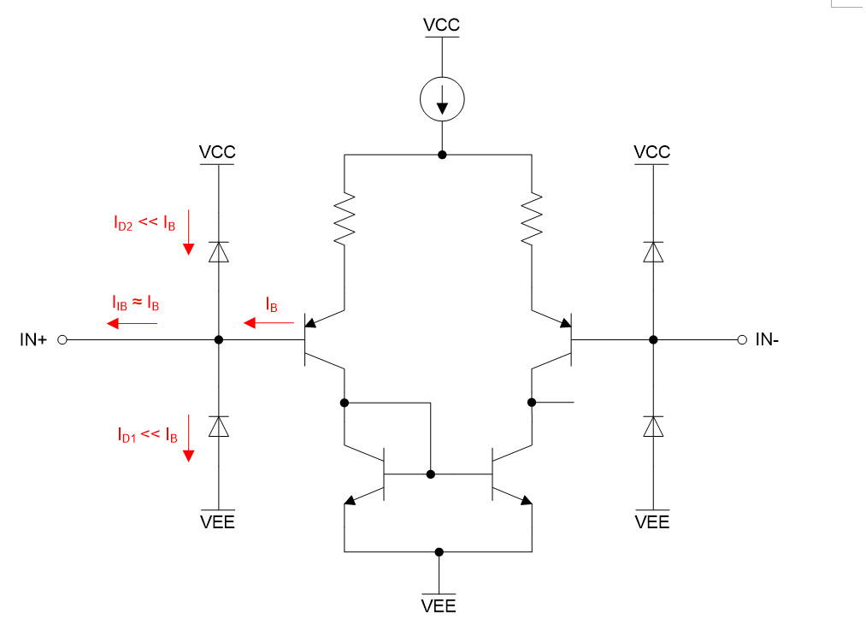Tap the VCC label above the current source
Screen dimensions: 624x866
tap(441, 26)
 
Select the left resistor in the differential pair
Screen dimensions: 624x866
tap(344, 218)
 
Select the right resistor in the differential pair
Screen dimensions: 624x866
tap(531, 218)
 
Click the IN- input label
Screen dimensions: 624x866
tap(767, 340)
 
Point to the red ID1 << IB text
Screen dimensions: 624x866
tap(147, 435)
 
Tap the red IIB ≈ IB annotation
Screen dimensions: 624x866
tap(135, 303)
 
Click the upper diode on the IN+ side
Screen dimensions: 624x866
tap(219, 251)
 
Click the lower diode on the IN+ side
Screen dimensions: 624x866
tap(219, 426)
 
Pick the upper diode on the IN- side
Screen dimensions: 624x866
tap(653, 251)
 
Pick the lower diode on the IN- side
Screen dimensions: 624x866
tap(653, 426)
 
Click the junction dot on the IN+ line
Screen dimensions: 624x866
tap(219, 339)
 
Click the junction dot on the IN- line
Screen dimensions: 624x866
tap(653, 339)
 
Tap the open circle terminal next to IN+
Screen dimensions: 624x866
tap(62, 339)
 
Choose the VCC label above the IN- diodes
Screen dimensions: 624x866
tap(652, 152)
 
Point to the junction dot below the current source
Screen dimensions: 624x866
tap(442, 155)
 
